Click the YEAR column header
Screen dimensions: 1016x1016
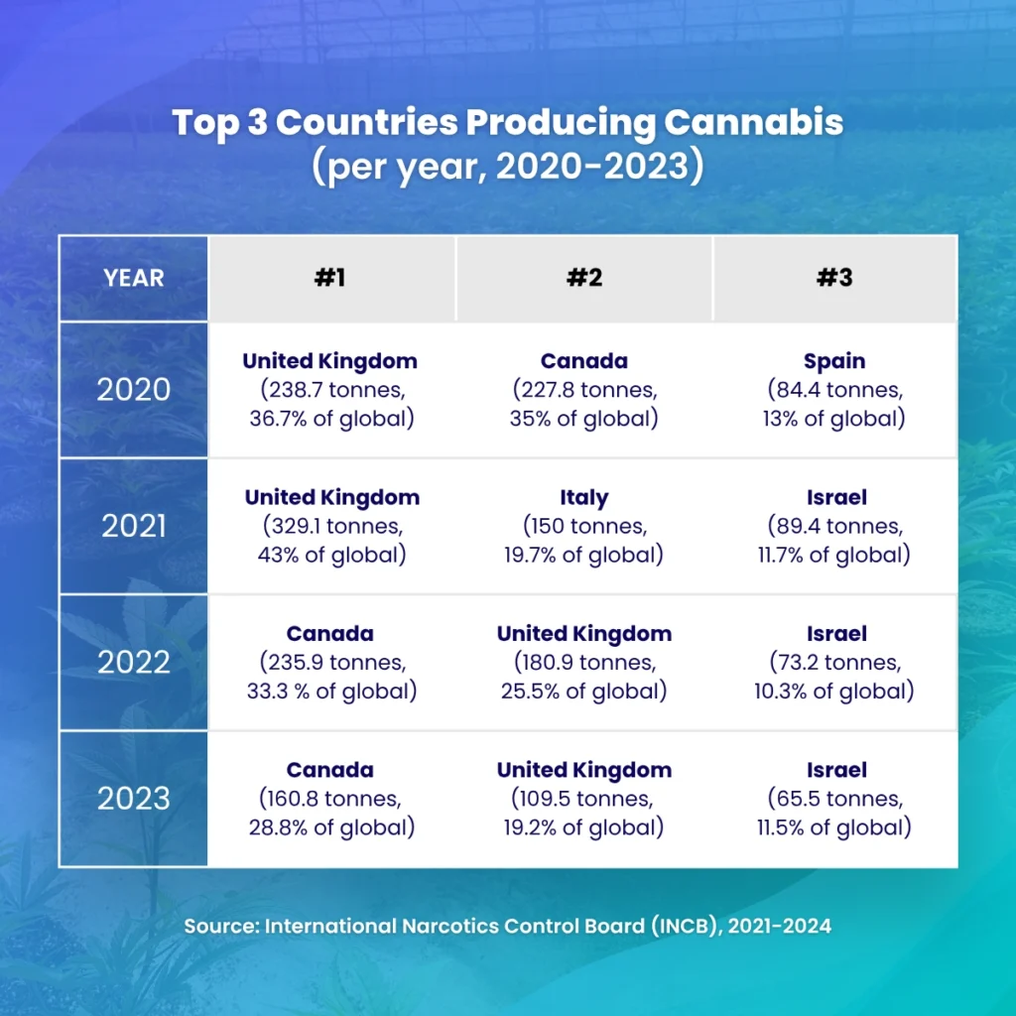tap(133, 278)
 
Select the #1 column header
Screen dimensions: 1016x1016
tap(330, 278)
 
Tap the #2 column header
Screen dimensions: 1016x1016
tap(583, 278)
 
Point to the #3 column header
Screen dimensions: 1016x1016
tap(834, 278)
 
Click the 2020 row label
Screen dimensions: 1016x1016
tap(133, 389)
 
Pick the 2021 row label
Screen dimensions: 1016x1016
tap(133, 526)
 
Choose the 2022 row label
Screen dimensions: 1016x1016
tap(133, 662)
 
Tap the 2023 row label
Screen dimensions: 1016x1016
tap(133, 798)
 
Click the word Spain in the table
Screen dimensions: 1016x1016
tap(835, 361)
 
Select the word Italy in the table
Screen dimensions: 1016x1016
tap(583, 497)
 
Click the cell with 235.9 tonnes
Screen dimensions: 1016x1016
tap(330, 662)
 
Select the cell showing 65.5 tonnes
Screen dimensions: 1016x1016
tap(835, 798)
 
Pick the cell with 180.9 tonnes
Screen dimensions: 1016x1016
tap(583, 662)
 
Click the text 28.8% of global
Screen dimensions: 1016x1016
tap(330, 826)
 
